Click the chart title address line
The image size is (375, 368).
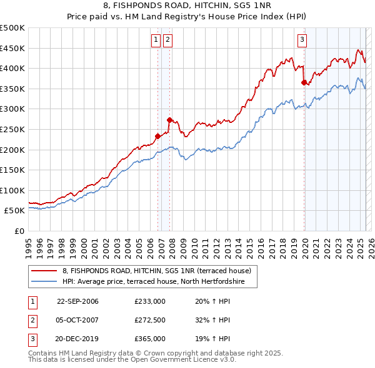pos(187,6)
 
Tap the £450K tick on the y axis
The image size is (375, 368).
pos(12,48)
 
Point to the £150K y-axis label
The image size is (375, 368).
pos(12,170)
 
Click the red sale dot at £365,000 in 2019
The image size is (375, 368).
pos(304,82)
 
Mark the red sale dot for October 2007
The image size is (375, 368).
pos(169,120)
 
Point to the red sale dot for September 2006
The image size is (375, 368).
pos(157,136)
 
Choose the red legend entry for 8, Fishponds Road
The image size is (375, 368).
pos(156,271)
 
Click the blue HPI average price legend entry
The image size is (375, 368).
pos(159,282)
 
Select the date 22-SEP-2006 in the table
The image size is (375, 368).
pos(77,302)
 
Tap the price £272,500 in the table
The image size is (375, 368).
pos(150,320)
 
